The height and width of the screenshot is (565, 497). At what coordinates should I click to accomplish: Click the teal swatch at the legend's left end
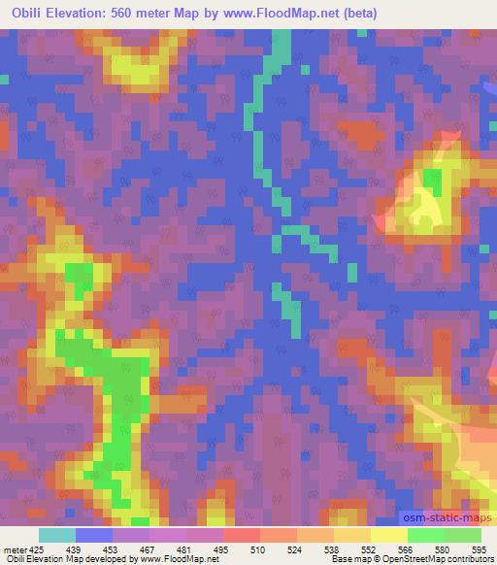coord(57,535)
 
